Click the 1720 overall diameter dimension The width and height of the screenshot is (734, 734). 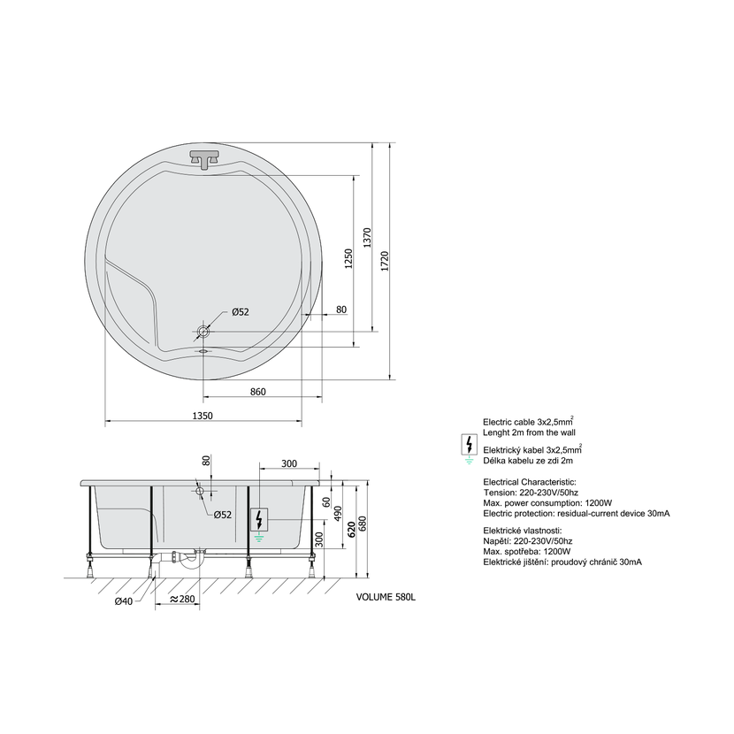385,261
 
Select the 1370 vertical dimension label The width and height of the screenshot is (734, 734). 367,238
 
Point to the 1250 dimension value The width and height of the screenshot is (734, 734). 348,259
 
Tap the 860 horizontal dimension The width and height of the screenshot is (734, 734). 258,392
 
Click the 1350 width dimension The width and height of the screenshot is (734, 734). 203,416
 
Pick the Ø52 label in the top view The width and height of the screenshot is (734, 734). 241,312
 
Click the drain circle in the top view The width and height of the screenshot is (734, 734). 203,332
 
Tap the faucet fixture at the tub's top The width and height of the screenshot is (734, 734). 203,158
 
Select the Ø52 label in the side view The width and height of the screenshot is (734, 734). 222,515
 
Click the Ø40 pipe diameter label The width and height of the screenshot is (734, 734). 124,601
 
